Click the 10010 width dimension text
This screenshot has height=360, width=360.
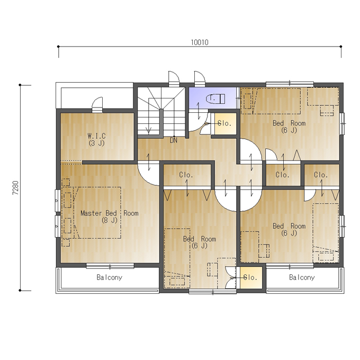200,42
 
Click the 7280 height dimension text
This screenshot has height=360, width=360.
15,188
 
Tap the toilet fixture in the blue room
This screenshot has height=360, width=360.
215,98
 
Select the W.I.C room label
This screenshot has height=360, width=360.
97,136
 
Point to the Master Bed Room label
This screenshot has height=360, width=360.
110,213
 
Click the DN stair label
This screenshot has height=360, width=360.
174,140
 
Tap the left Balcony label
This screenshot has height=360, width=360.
109,277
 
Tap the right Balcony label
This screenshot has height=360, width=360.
302,277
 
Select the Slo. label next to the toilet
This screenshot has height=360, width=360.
224,123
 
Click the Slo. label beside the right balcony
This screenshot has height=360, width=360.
250,277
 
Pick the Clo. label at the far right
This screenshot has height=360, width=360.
321,175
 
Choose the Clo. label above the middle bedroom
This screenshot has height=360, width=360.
186,175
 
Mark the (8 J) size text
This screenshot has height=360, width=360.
110,220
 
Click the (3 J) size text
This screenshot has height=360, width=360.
97,143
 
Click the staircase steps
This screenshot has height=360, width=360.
161,112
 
